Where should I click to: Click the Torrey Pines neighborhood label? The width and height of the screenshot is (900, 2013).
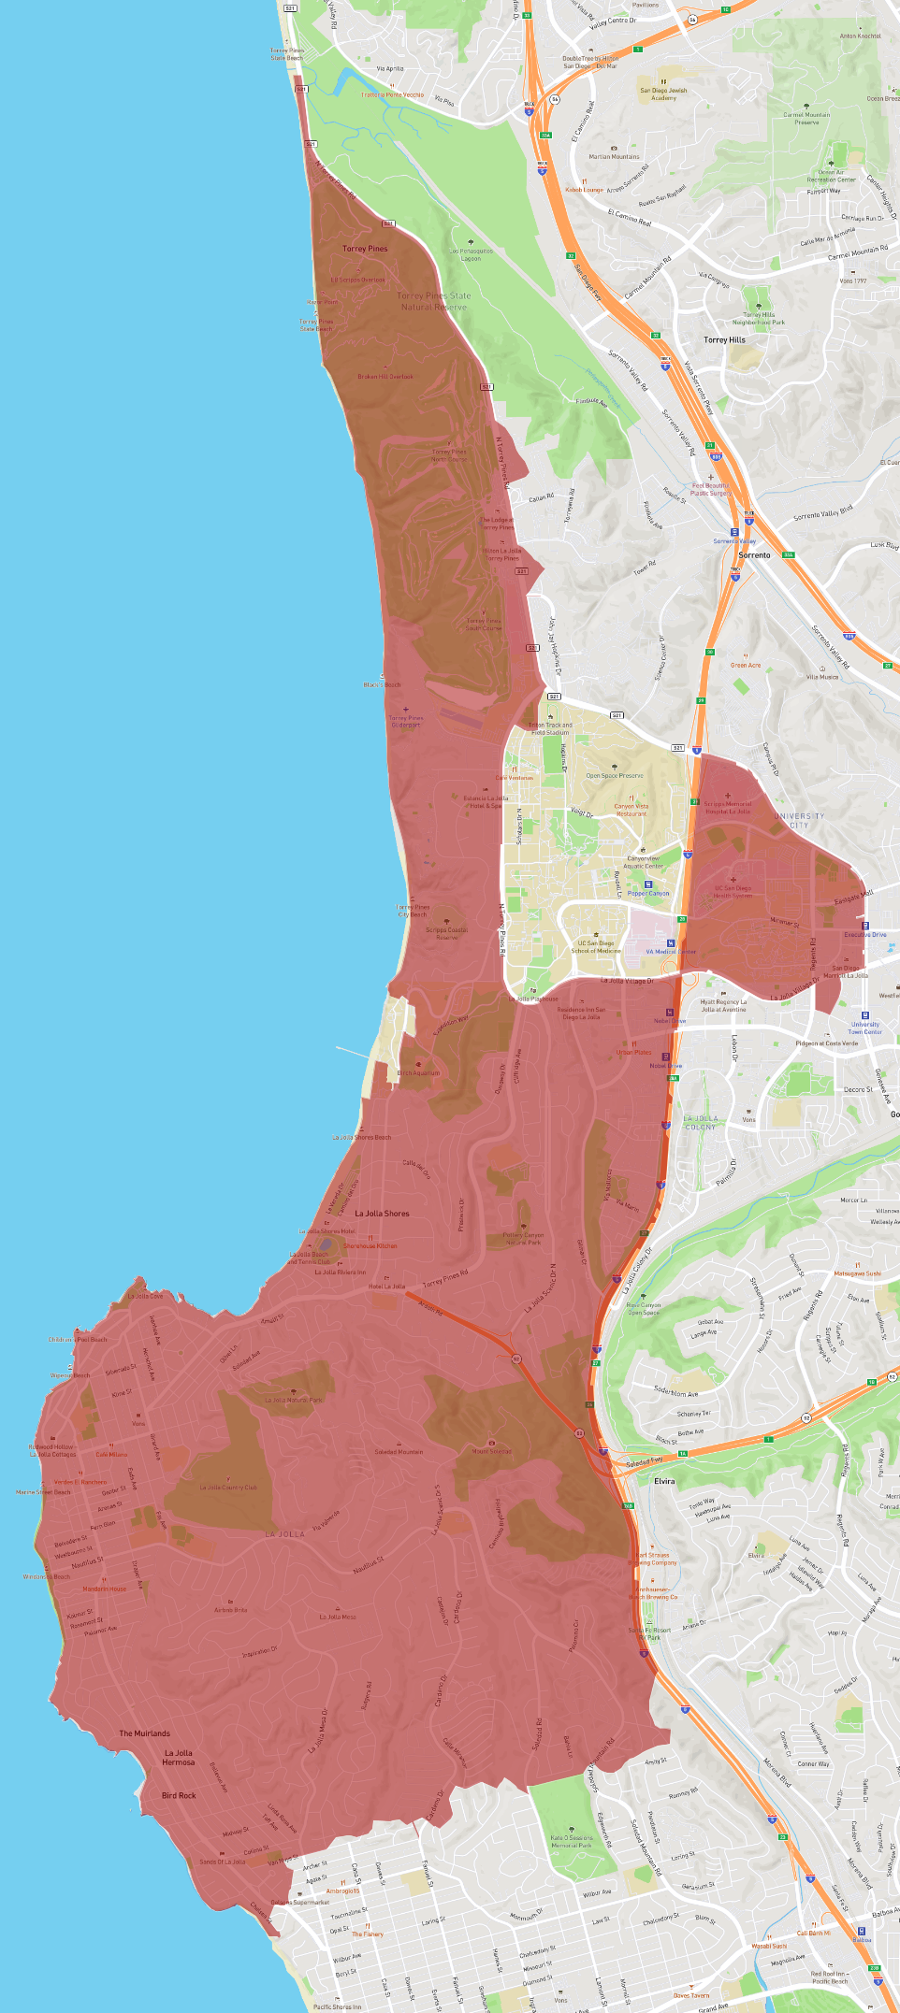click(365, 249)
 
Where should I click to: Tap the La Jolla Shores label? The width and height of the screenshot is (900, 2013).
click(382, 1214)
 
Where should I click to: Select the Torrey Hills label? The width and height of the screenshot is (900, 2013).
click(724, 340)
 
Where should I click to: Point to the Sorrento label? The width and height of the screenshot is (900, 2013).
click(754, 555)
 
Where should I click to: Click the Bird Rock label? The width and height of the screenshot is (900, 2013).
click(179, 1795)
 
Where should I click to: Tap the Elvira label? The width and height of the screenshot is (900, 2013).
click(664, 1481)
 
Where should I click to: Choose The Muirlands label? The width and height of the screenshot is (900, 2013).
click(145, 1733)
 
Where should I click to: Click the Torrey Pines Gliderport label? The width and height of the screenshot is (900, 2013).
click(406, 721)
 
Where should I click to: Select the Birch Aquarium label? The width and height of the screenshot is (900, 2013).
click(418, 1072)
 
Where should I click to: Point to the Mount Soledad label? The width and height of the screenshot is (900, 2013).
click(492, 1452)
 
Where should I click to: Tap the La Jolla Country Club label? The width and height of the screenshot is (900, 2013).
click(228, 1488)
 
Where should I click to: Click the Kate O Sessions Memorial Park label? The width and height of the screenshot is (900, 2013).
click(571, 1842)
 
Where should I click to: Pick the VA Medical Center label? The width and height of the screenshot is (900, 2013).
click(671, 952)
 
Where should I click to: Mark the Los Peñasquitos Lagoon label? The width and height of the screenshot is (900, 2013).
click(472, 254)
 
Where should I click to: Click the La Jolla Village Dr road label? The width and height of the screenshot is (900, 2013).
click(627, 981)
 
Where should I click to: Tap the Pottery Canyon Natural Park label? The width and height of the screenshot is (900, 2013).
click(524, 1239)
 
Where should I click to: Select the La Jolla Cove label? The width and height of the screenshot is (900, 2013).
click(145, 1296)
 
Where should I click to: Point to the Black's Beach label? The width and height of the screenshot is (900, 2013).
click(382, 684)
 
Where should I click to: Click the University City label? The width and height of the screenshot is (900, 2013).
click(799, 820)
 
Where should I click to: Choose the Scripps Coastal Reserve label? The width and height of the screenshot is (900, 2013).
click(447, 933)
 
